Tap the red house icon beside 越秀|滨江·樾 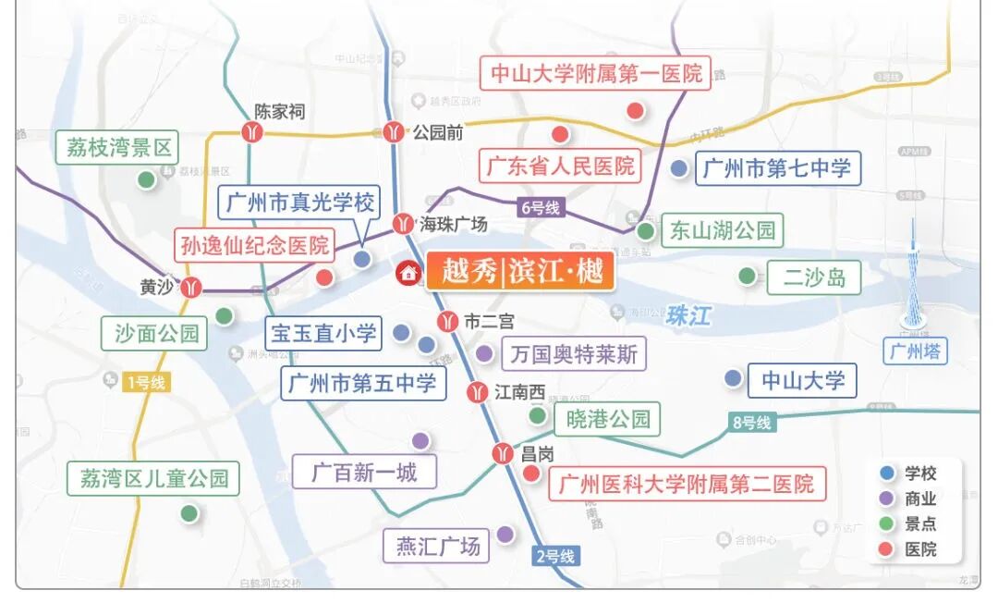tap(408, 273)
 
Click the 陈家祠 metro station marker tap(252, 132)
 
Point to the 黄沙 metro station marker tap(191, 287)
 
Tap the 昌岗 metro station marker tap(503, 454)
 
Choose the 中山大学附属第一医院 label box tap(596, 74)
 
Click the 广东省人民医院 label tap(561, 166)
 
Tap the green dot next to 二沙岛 tap(747, 275)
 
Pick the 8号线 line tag tap(751, 423)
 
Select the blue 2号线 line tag tap(555, 556)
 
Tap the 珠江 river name tap(688, 315)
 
